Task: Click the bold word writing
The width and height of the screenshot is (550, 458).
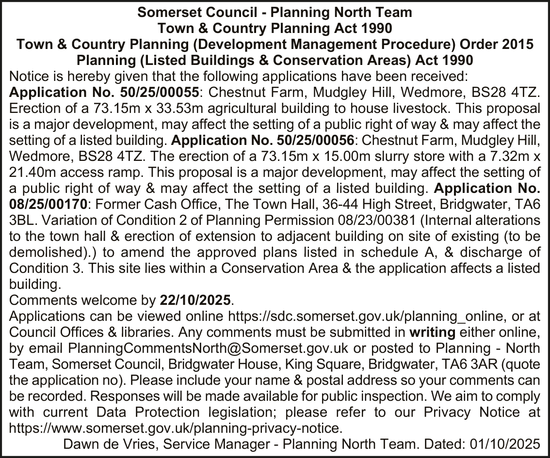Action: pos(432,333)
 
